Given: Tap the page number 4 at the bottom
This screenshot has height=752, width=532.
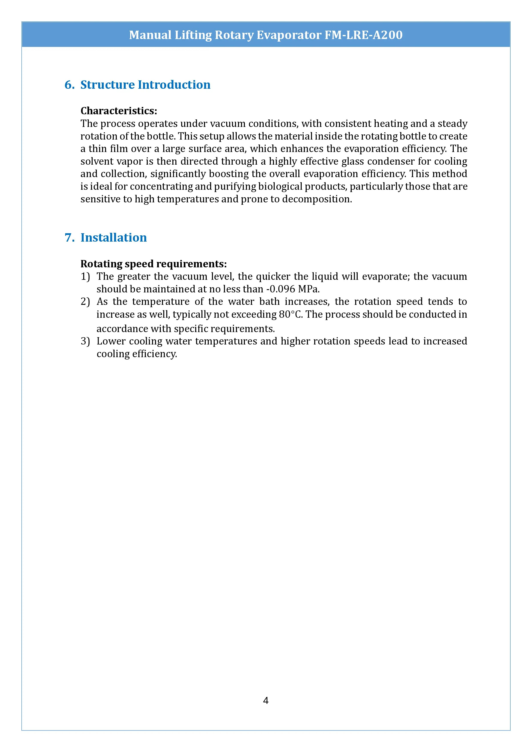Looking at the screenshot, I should point(266,700).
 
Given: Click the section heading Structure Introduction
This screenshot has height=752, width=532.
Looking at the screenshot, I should point(145,85).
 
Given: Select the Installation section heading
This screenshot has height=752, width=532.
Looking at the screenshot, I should point(113,238).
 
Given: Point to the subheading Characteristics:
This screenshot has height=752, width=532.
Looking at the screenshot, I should point(119,111).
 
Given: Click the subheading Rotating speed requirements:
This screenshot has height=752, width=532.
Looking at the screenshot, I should point(153,264).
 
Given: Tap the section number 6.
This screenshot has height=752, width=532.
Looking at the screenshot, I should point(69,85).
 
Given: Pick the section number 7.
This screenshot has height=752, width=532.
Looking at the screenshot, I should point(69,238).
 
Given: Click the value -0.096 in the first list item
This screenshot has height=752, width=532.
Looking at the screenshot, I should point(280,289).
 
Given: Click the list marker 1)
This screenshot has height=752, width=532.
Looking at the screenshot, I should point(85,277).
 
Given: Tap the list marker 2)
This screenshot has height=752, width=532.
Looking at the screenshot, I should point(85,302).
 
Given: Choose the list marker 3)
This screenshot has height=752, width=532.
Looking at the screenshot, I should point(85,341).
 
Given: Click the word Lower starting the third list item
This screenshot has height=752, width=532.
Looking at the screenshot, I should point(111,341).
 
